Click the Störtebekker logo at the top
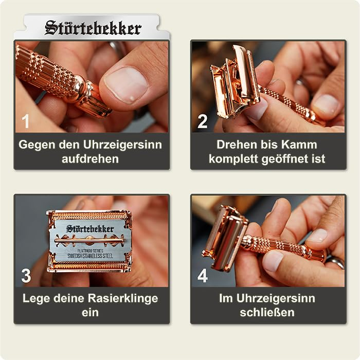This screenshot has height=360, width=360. [93, 28]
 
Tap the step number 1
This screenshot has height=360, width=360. [26, 122]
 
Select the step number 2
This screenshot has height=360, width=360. [203, 122]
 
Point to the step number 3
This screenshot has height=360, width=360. [26, 276]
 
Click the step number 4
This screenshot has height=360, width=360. [203, 276]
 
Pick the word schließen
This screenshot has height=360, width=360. [266, 313]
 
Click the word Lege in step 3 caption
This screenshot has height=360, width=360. [36, 299]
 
